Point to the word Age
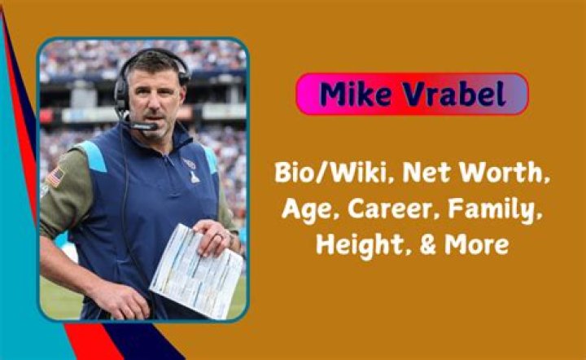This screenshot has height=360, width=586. pos(303,209)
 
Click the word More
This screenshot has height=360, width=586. pos(479,244)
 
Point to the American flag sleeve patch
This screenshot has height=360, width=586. pos(55,176)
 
